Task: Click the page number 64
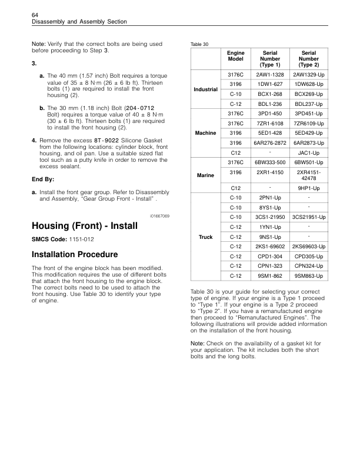[x=35, y=14]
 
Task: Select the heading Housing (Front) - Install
[x=83, y=225]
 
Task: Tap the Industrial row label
[x=206, y=90]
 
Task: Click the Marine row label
[x=206, y=175]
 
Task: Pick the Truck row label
[x=206, y=237]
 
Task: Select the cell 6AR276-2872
[x=271, y=143]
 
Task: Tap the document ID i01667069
[x=159, y=216]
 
